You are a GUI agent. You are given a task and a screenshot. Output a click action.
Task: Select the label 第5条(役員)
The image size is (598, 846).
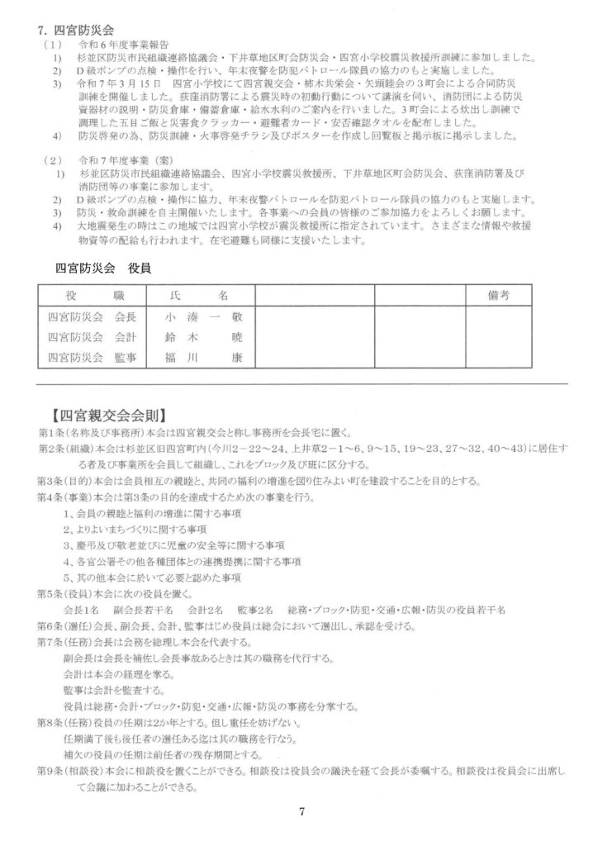[67, 593]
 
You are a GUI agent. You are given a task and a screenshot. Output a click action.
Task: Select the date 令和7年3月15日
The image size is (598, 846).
[119, 84]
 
